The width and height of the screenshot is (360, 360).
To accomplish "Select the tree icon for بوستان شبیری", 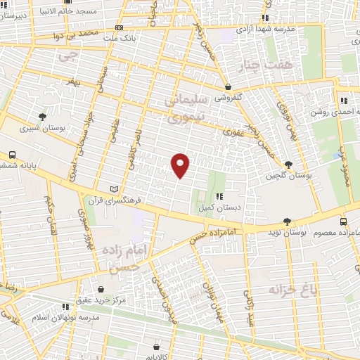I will click(44, 116).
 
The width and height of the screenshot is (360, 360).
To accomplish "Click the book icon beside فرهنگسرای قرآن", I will click(115, 189).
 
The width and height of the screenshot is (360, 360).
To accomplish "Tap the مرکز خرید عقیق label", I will click(102, 300).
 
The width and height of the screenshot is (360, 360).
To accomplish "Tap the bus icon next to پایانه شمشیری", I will click(12, 155).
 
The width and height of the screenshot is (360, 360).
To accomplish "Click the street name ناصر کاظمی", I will click(131, 150).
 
